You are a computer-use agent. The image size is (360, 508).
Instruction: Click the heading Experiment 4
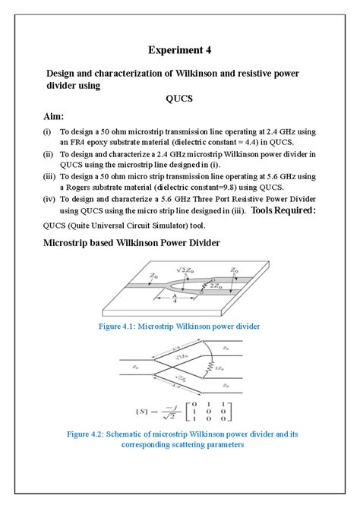click(179, 50)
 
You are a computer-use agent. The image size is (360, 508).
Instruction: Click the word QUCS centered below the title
click(179, 99)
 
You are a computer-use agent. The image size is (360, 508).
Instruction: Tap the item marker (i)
click(47, 131)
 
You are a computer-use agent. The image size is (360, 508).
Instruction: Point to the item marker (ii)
click(48, 154)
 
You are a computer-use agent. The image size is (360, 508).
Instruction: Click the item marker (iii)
click(49, 176)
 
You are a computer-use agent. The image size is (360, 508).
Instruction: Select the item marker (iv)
click(49, 198)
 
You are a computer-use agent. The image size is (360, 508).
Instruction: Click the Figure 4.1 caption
click(179, 326)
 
